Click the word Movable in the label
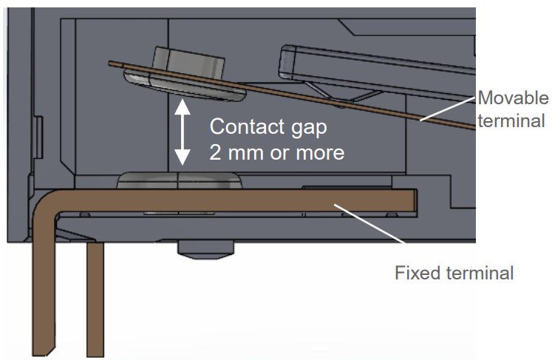tap(514, 98)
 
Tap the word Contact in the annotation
tap(245, 126)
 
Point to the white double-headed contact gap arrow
tap(180, 132)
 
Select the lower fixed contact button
tap(180, 180)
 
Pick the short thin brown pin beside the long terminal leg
tap(95, 299)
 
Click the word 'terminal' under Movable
tap(511, 120)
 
